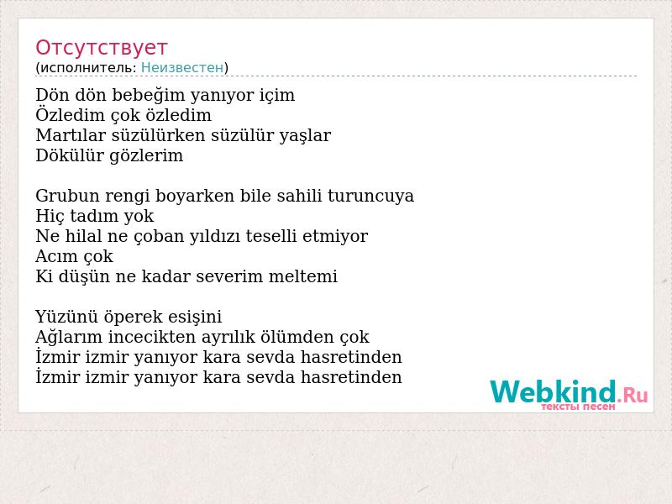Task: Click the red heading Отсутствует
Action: [101, 48]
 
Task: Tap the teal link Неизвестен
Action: [182, 68]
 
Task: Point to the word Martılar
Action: [71, 135]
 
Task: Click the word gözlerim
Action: [146, 156]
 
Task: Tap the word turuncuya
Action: [370, 197]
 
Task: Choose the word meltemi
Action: [303, 276]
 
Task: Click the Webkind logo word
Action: [554, 392]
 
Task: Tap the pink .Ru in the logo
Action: [633, 395]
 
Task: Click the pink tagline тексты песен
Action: [578, 407]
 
